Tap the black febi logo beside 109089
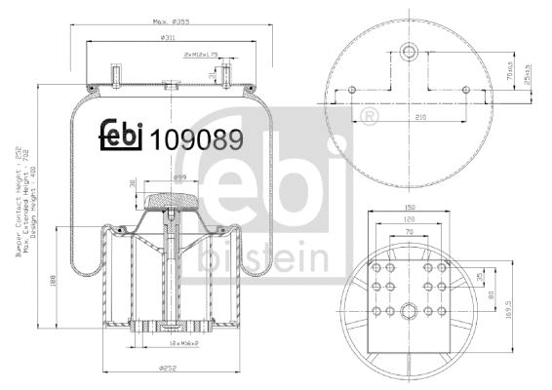122,136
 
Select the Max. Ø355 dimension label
170,20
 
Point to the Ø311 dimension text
168,38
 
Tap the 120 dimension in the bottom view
410,221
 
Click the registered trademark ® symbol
370,117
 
